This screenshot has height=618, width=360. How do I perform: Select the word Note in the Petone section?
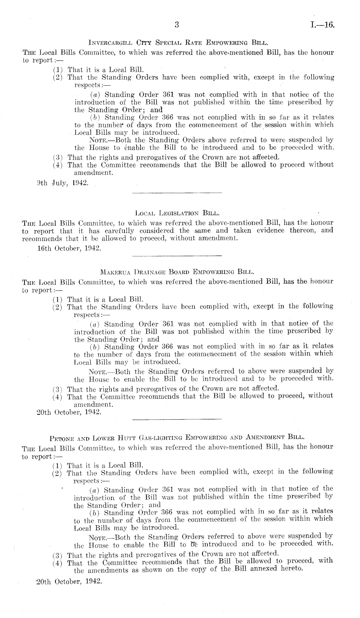click(x=96, y=537)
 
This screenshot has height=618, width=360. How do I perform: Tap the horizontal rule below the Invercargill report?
click(x=177, y=193)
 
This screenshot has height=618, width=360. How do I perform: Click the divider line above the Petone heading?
click(x=177, y=419)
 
